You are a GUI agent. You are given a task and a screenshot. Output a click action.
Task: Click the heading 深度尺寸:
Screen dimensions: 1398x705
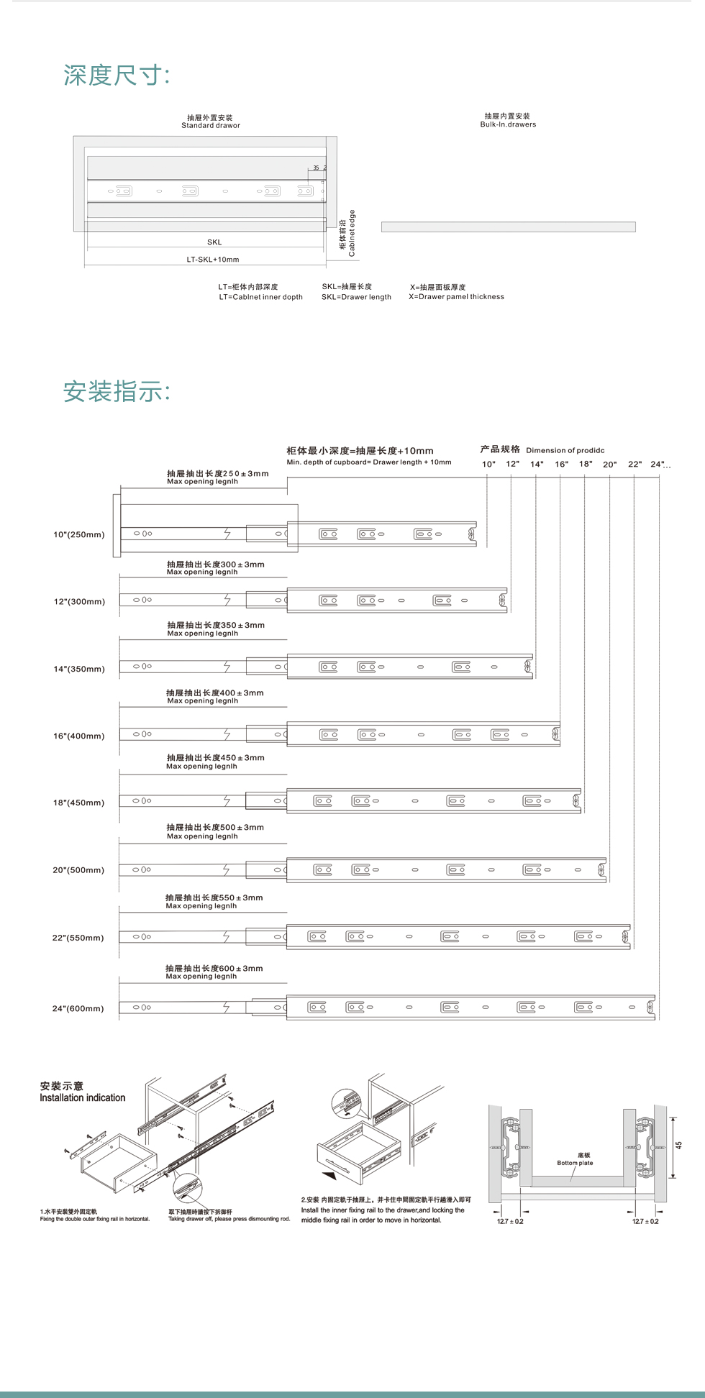click(117, 76)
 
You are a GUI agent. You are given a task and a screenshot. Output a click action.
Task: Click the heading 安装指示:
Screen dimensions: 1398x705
click(117, 392)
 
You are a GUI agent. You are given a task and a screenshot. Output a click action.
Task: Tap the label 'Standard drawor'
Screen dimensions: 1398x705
click(210, 126)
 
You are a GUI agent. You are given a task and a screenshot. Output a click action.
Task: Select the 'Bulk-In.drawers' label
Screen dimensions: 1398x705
click(508, 124)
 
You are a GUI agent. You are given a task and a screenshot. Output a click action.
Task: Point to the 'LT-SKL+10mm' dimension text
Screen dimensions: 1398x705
click(213, 260)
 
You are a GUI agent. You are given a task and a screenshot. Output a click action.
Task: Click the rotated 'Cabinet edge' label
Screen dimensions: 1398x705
click(352, 233)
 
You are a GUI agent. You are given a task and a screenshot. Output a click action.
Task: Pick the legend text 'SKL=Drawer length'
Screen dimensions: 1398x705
click(356, 297)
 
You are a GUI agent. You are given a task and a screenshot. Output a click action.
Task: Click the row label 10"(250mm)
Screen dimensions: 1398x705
click(79, 535)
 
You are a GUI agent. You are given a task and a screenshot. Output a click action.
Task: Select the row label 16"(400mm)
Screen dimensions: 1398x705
click(79, 736)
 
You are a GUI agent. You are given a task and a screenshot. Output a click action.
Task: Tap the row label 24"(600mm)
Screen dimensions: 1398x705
click(78, 1009)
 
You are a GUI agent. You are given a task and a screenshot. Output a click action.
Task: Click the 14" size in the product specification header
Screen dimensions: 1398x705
click(537, 465)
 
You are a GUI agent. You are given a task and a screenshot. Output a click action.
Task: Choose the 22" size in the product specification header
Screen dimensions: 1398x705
click(634, 465)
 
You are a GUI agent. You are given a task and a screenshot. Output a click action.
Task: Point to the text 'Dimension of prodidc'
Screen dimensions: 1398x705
click(565, 451)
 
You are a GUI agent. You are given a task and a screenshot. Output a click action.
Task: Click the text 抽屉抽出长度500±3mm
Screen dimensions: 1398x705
click(215, 828)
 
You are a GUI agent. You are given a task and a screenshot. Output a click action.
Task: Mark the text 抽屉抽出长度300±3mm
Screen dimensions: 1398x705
click(215, 565)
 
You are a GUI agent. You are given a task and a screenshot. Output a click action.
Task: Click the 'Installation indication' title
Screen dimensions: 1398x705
click(83, 1098)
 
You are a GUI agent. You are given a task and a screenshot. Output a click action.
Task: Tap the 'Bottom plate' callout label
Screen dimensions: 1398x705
click(575, 1163)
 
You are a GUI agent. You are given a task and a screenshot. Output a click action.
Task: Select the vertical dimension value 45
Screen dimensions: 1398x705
click(678, 1146)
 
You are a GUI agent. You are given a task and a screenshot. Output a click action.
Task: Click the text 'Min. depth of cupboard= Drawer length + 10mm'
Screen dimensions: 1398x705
click(369, 462)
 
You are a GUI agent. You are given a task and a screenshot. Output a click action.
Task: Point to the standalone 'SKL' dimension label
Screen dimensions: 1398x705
click(214, 242)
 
